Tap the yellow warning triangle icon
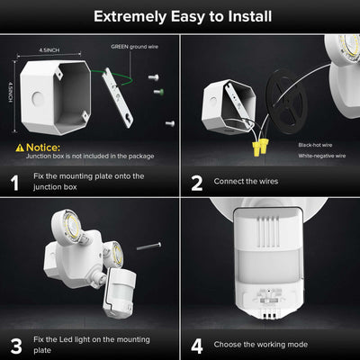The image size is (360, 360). point(19,147)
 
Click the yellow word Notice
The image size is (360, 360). point(43,147)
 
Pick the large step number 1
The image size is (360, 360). point(15,183)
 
